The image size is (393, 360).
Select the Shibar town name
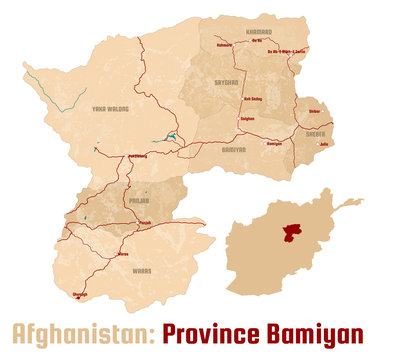pyautogui.click(x=314, y=112)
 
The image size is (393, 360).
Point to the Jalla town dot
pyautogui.click(x=317, y=144)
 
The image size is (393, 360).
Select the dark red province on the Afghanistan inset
pyautogui.click(x=291, y=232)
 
